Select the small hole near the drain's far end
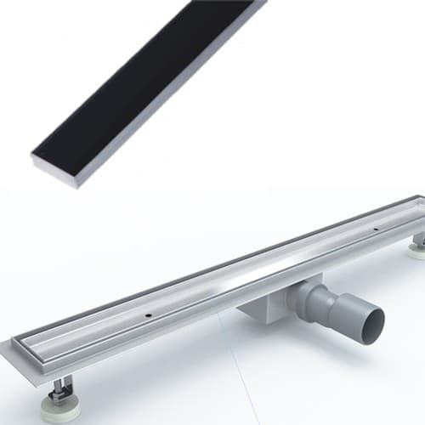coord(374,229)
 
